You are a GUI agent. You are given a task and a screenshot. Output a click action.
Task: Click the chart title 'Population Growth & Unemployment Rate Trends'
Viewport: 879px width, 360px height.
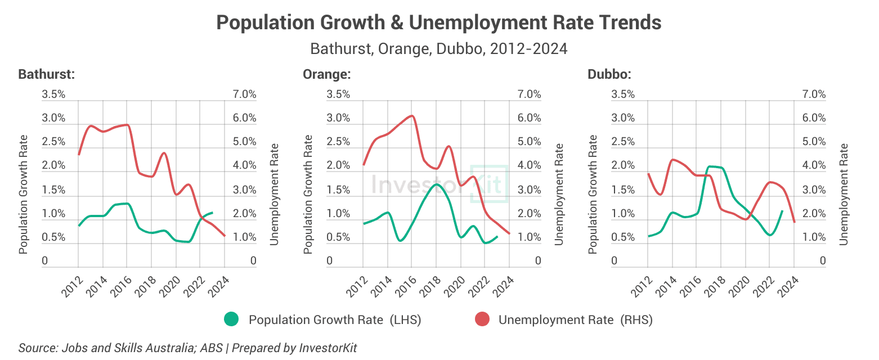439,23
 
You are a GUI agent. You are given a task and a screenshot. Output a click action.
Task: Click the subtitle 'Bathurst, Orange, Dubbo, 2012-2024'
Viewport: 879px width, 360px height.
439,49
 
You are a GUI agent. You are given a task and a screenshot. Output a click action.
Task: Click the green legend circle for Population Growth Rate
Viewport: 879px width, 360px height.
231,319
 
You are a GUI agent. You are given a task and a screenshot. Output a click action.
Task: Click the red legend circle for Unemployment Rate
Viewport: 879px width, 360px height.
482,319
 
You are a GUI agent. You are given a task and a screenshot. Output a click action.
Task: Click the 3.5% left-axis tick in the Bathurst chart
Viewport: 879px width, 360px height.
53,94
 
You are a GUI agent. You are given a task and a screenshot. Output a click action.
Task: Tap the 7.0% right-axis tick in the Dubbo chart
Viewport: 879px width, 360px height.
814,94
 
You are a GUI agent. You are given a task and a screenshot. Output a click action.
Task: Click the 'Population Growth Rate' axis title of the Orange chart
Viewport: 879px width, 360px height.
308,194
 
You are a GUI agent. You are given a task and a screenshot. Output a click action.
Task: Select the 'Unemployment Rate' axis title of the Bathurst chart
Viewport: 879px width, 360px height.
274,194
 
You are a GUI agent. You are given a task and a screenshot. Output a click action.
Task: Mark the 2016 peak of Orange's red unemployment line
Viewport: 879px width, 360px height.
412,116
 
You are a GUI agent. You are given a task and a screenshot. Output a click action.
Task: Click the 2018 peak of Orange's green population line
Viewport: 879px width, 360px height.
436,184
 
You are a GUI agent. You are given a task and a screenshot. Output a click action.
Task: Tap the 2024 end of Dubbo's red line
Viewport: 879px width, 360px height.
794,222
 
